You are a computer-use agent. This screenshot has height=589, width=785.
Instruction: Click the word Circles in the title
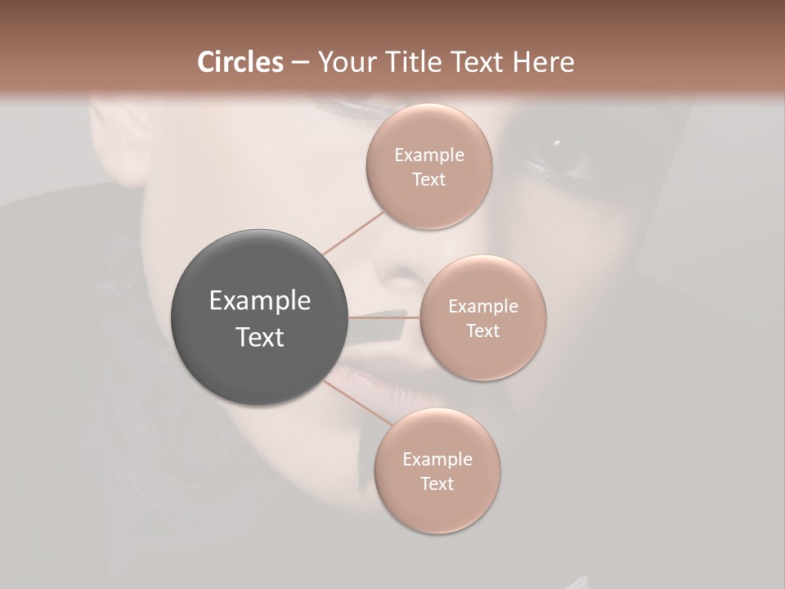point(240,62)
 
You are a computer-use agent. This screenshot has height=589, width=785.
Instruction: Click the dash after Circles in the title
point(300,63)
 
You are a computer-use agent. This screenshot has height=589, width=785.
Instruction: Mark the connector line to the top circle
point(352,232)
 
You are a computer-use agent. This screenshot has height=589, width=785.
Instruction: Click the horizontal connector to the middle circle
point(384,317)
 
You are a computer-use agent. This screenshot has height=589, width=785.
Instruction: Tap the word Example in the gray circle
point(260,301)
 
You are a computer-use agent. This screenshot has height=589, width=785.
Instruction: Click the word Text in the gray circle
point(260,337)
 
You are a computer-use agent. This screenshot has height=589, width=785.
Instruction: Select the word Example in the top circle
point(429,155)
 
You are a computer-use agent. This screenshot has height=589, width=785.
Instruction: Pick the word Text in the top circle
point(429,180)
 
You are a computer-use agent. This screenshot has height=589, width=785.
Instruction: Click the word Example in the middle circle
point(483,307)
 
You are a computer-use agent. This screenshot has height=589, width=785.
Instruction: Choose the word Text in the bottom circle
point(437,483)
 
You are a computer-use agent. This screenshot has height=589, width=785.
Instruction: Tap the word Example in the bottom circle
point(437,459)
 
